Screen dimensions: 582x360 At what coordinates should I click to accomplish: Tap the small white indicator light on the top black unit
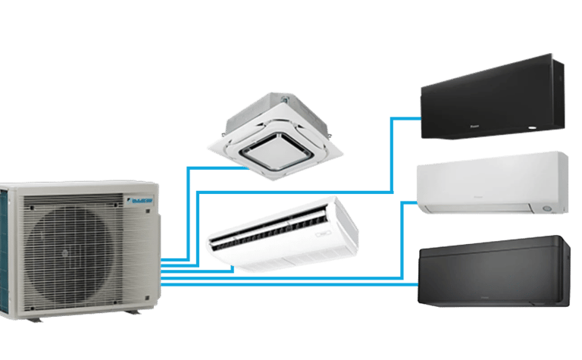point(543,132)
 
